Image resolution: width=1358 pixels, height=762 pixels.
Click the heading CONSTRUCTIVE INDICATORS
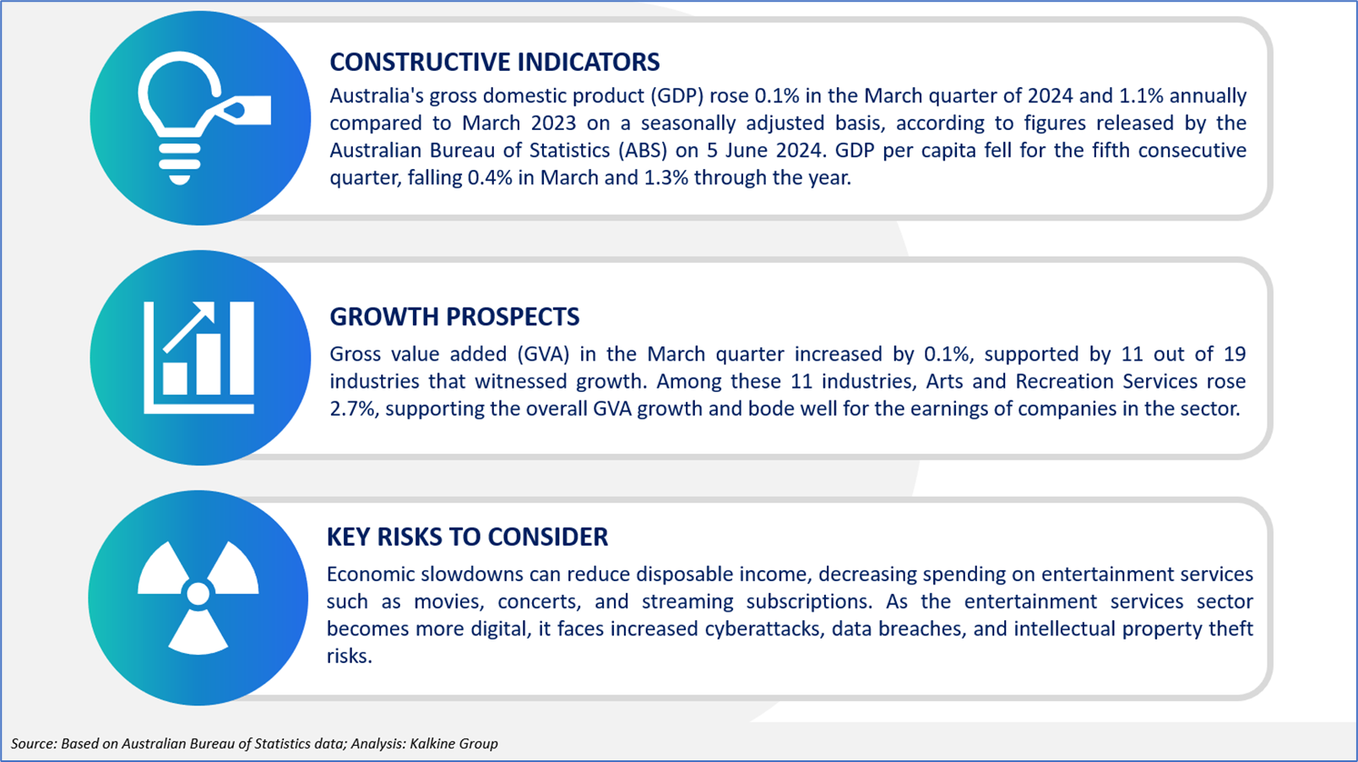point(495,63)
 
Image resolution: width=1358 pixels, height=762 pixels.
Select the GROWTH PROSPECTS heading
point(454,317)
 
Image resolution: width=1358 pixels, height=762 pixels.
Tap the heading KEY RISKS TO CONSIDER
point(467,537)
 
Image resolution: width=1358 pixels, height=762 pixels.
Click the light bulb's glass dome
point(179,91)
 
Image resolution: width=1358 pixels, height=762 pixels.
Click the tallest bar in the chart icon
point(242,348)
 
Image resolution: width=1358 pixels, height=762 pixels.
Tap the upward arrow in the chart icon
point(189,327)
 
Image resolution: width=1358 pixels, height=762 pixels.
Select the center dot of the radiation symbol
point(198,594)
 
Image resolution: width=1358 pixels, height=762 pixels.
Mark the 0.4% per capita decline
point(490,177)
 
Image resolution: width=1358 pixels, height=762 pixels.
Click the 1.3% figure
point(665,177)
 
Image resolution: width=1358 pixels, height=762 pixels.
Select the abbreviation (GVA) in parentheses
point(543,354)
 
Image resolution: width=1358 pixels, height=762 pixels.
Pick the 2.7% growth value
point(354,409)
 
